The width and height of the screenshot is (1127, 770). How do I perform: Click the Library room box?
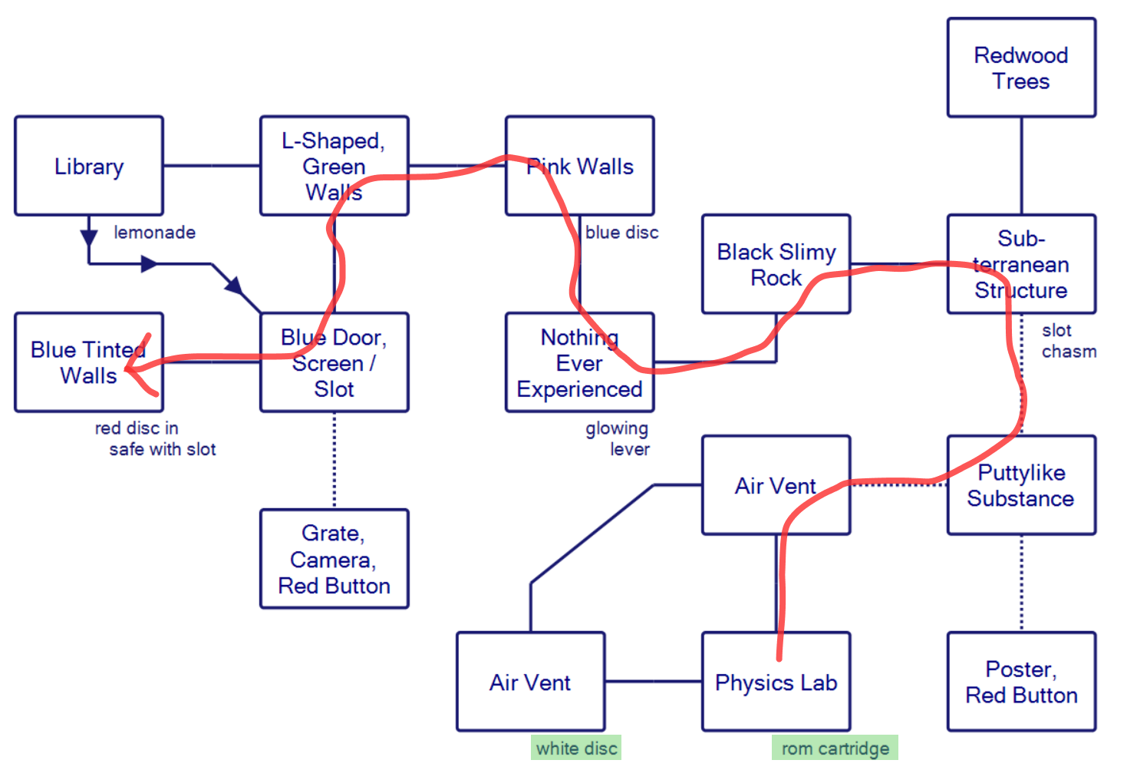[x=89, y=166]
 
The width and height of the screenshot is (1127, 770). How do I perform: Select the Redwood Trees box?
[x=1021, y=68]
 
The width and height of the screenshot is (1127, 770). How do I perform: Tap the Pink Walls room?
[x=580, y=166]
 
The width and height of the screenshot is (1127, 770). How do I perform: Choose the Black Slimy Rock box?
[x=776, y=264]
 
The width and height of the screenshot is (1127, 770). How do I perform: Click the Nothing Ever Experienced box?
[x=579, y=362]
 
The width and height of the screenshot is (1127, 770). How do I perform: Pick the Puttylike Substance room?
[x=1021, y=485]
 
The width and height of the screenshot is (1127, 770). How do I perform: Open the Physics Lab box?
[x=776, y=682]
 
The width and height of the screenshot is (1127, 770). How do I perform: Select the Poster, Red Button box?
[x=1021, y=682]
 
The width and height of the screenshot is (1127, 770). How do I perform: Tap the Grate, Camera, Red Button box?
[x=334, y=559]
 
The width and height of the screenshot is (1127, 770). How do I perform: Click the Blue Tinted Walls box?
[x=89, y=362]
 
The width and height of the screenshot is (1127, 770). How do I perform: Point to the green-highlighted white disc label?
[x=576, y=749]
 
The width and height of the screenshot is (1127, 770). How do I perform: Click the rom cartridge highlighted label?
[x=835, y=749]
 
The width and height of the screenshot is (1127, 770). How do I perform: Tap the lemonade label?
[x=154, y=233]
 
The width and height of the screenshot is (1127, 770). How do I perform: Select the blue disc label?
[x=621, y=233]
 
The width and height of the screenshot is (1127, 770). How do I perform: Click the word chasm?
[x=1069, y=352]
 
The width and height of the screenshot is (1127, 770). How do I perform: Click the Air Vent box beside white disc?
[x=530, y=682]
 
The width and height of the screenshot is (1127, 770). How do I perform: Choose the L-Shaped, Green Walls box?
[x=334, y=166]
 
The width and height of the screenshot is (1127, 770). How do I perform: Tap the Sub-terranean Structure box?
[x=1021, y=264]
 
